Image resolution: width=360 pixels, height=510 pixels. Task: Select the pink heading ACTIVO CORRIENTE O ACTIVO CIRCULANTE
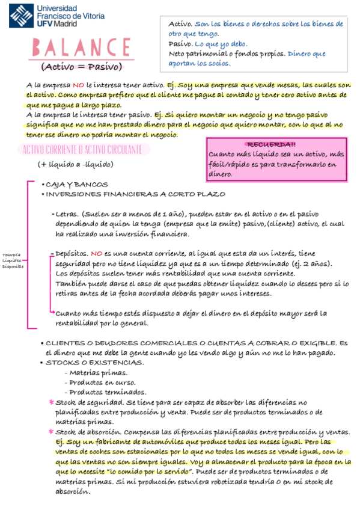coord(82,149)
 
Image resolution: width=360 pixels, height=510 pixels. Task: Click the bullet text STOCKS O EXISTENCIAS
coord(95,363)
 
